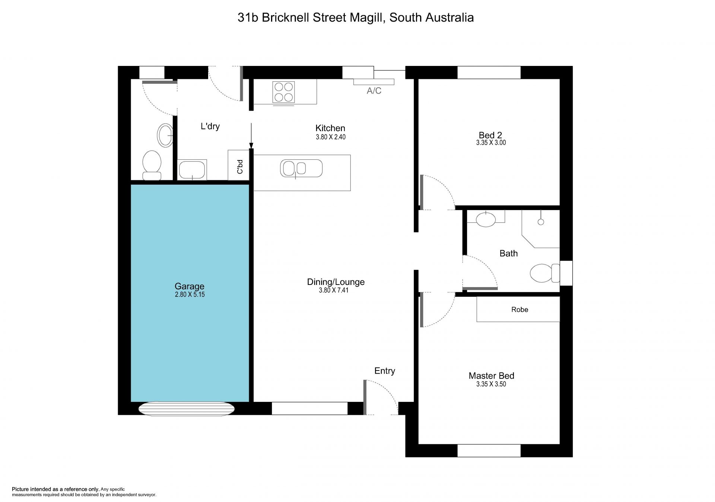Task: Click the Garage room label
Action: click(x=190, y=286)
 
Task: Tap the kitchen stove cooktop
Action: click(x=283, y=92)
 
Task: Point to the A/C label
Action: click(x=374, y=91)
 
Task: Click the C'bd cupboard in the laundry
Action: click(x=239, y=165)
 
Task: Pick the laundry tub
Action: click(x=192, y=170)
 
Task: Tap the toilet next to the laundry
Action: click(x=152, y=165)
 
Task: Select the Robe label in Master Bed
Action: click(x=519, y=309)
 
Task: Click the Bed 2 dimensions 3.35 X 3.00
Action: click(x=491, y=143)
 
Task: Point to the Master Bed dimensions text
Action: click(x=491, y=384)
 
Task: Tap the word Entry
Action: click(x=385, y=371)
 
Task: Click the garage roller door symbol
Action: click(x=187, y=409)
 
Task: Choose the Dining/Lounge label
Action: click(x=336, y=282)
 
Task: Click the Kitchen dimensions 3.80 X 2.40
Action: click(x=331, y=137)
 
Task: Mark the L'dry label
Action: click(x=210, y=126)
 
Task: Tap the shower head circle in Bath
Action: click(x=541, y=222)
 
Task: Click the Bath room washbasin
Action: click(x=486, y=219)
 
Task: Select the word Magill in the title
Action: click(x=367, y=18)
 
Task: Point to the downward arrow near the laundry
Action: click(x=251, y=136)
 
